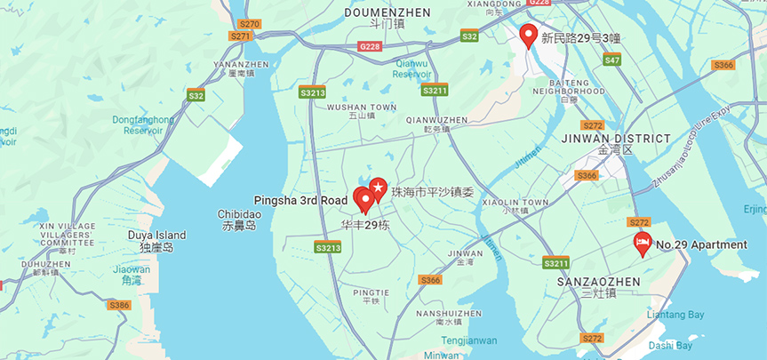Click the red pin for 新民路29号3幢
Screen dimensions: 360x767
click(x=528, y=36)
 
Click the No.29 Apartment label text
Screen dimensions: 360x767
click(x=701, y=245)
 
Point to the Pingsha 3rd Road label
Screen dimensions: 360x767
click(x=300, y=200)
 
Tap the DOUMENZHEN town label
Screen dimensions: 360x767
click(x=387, y=12)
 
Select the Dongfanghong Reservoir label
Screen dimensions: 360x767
click(x=143, y=125)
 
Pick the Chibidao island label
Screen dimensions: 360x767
click(x=239, y=219)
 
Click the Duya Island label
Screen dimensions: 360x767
click(x=157, y=240)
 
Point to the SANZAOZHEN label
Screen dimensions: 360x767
click(x=598, y=281)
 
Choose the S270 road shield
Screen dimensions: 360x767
click(x=250, y=24)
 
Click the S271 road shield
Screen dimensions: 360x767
click(x=240, y=36)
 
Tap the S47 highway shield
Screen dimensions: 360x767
click(x=611, y=60)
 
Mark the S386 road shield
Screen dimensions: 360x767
click(x=119, y=305)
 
